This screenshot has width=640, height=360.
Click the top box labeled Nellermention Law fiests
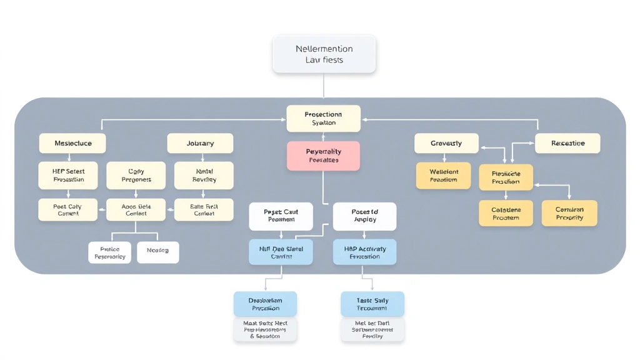(324, 54)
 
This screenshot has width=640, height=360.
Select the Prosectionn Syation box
(324, 119)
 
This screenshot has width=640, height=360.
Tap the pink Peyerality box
(324, 156)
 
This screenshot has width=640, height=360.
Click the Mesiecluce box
(72, 143)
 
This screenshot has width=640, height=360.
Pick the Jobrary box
(200, 143)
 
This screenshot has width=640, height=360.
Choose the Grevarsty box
(446, 143)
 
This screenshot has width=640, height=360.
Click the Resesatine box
(567, 143)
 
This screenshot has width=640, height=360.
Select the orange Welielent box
(444, 176)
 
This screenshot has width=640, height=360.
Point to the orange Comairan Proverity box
(569, 213)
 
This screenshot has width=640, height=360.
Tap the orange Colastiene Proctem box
(506, 213)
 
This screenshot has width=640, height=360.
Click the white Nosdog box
(157, 252)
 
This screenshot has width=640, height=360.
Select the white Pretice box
(110, 252)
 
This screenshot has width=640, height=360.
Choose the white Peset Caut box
(281, 216)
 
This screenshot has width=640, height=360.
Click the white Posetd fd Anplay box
(364, 216)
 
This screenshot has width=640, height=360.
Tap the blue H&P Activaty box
(364, 252)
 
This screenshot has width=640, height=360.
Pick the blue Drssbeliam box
(266, 304)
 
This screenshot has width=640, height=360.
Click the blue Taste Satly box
(372, 304)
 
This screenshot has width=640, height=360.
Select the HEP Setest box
(69, 175)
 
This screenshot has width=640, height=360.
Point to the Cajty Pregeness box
(136, 175)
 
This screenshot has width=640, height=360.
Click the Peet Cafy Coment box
(67, 209)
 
